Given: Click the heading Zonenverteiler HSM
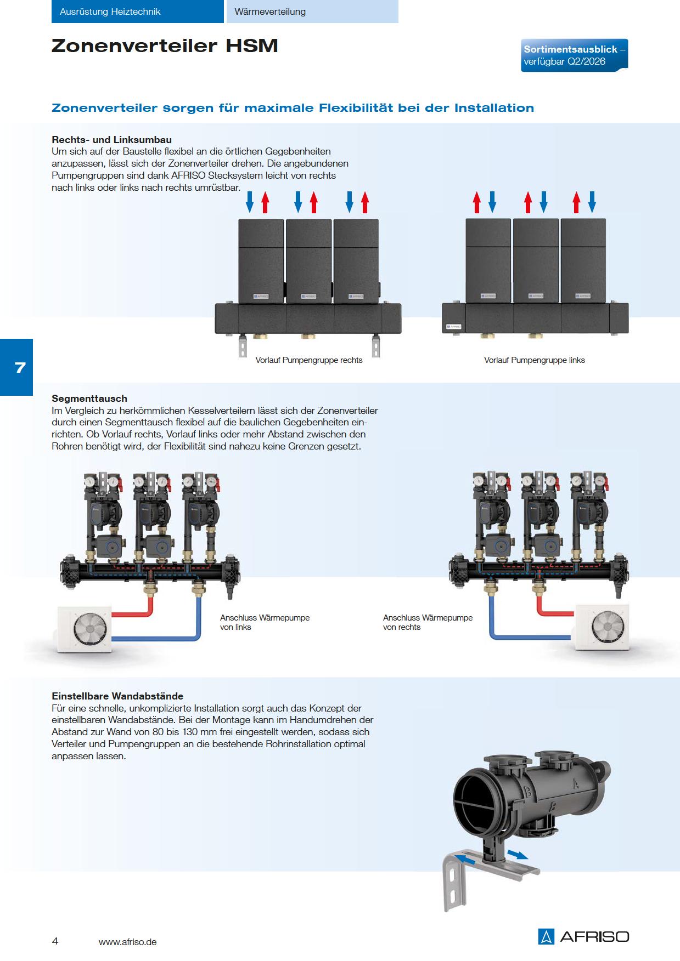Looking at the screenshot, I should (165, 46).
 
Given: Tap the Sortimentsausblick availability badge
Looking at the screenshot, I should (574, 55).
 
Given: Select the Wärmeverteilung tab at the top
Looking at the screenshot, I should (312, 12).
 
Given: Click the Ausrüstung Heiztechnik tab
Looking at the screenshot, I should (137, 12).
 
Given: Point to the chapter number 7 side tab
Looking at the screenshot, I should (16, 367).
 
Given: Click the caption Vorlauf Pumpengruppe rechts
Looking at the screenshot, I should (308, 360).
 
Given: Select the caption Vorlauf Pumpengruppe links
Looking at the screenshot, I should (534, 360).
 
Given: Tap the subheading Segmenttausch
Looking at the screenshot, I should (89, 399).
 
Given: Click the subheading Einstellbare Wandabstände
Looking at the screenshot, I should (117, 696).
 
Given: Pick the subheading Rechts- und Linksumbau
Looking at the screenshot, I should (112, 140).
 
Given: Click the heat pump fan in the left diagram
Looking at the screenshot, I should (85, 628).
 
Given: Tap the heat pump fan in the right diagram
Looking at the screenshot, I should (602, 627).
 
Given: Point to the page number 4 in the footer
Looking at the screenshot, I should (55, 941).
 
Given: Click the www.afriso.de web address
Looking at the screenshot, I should (127, 942).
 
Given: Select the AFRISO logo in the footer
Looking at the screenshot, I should (583, 936).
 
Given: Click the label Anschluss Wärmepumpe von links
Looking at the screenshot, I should (265, 622).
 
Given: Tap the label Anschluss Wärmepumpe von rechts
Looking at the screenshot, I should (428, 622).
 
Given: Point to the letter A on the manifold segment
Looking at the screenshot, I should (575, 782).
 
